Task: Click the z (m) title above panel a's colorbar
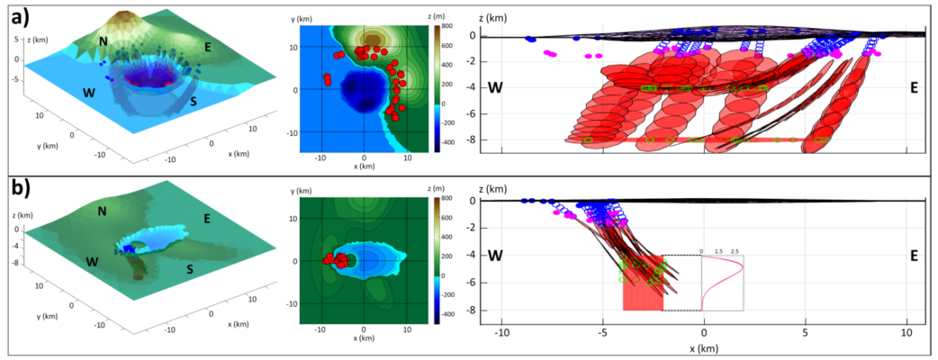pyautogui.click(x=442, y=17)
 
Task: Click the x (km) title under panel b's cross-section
pyautogui.click(x=704, y=346)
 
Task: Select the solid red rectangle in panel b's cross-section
pyautogui.click(x=642, y=295)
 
